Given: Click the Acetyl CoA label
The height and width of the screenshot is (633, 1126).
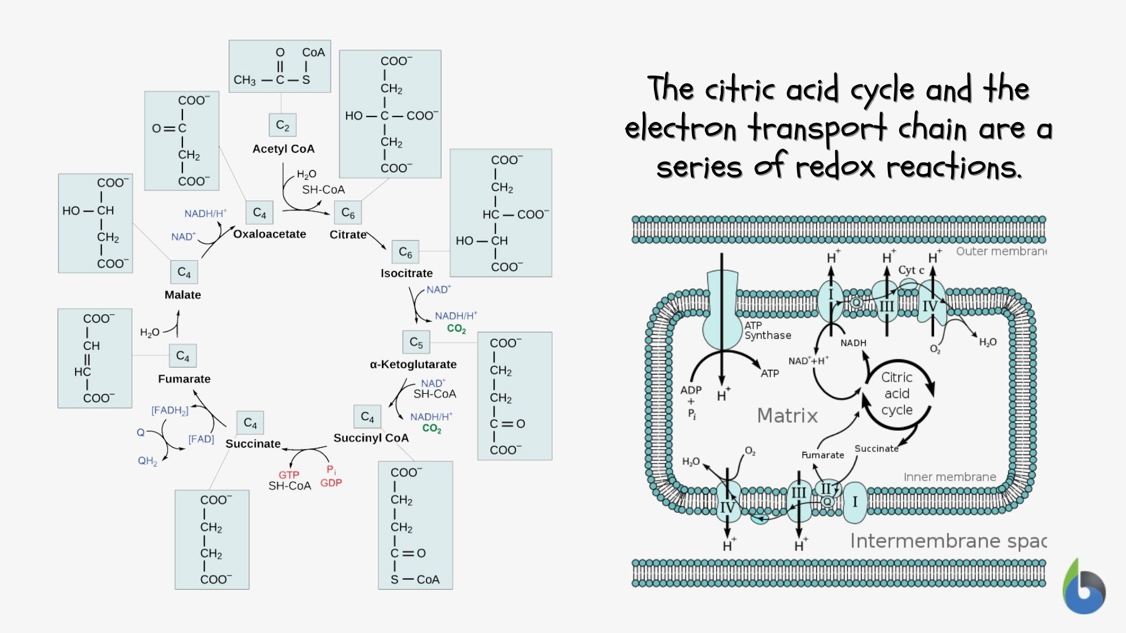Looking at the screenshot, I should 283,149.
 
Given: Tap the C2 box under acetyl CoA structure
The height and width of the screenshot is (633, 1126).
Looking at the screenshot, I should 283,125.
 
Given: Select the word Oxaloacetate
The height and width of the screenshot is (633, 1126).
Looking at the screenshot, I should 269,234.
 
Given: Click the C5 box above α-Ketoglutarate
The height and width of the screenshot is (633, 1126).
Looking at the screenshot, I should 416,342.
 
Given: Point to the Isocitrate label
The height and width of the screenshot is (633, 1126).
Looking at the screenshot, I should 406,273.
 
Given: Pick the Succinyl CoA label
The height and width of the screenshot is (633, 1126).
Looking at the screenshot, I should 371,438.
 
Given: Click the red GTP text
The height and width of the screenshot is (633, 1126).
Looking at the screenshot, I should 289,475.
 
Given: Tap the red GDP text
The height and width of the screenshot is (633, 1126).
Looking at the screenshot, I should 331,483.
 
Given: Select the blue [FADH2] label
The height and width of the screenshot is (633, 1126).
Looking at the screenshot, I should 169,410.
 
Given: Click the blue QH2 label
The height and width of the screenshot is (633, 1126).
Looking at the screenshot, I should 147,461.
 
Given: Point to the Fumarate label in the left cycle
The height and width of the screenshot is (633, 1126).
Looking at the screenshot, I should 184,379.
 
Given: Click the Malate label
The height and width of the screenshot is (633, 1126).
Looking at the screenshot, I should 182,295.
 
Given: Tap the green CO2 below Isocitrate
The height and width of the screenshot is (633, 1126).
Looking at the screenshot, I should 456,329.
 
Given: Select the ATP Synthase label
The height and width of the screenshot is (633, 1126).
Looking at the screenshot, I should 767,331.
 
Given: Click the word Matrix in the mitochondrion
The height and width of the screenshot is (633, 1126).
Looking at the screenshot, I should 787,416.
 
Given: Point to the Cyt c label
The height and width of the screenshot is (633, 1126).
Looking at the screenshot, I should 911,270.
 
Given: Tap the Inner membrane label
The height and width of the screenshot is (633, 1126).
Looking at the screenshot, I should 949,477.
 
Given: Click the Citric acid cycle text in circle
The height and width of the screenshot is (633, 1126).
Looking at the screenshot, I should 897,394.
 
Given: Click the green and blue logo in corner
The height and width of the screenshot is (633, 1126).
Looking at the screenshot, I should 1084,588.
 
